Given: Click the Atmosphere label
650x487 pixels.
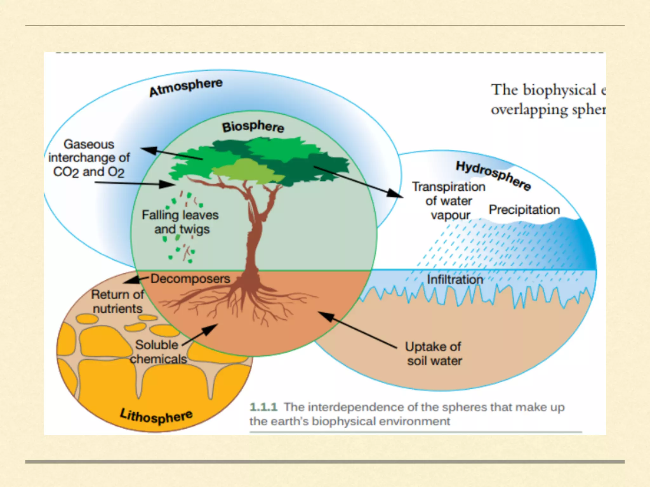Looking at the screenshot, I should tap(186, 87).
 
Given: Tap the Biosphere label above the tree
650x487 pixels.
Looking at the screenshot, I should tap(253, 127).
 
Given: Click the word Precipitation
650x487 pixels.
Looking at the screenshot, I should tap(524, 210).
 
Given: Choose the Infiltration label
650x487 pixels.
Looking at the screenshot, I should tap(455, 280).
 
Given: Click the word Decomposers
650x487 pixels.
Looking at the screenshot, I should tap(190, 279).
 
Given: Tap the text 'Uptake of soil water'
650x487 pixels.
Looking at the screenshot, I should tap(434, 354).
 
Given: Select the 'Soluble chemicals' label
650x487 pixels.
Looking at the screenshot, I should tap(158, 352).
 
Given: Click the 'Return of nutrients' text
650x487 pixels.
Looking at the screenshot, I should tap(117, 302).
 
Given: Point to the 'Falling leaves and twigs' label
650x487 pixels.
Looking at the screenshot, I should tap(180, 222).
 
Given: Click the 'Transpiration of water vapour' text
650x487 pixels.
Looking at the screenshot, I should tap(448, 201).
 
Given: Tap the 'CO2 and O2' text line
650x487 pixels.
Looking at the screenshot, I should tap(89, 172).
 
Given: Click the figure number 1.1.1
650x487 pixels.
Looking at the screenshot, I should tap(263, 407).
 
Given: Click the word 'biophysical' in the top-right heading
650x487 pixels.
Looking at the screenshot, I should tap(560, 90).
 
